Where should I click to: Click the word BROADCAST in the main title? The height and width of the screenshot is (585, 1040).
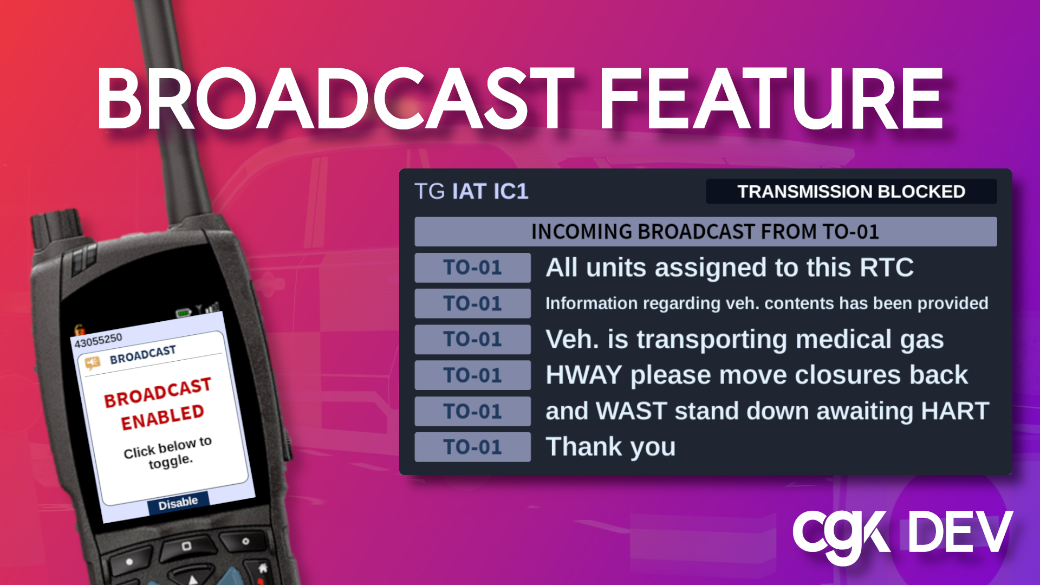(x=334, y=99)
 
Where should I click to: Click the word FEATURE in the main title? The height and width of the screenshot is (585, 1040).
(x=772, y=99)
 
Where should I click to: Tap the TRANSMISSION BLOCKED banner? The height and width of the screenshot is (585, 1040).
(x=851, y=191)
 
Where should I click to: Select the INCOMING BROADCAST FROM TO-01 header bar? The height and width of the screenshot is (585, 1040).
(x=705, y=231)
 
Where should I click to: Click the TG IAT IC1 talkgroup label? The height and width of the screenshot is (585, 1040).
(x=471, y=191)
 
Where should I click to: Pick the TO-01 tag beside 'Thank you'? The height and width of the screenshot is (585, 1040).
(x=472, y=447)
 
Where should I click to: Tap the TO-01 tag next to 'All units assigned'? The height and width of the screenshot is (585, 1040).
(x=472, y=268)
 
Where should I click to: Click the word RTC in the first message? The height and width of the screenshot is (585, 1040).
(x=887, y=268)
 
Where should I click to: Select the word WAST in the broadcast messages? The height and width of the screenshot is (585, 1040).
(x=631, y=411)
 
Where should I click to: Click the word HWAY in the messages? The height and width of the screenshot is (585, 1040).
(x=583, y=375)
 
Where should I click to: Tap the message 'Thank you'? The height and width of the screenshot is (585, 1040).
(x=610, y=447)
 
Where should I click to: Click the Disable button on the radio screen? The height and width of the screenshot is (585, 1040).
(x=178, y=503)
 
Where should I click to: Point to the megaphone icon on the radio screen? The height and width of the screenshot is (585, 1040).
(x=93, y=362)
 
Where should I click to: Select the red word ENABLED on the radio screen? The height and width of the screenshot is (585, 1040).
(x=162, y=418)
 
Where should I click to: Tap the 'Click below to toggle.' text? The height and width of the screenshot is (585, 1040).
(x=168, y=453)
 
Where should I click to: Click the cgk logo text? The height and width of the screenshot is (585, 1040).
(x=841, y=535)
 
